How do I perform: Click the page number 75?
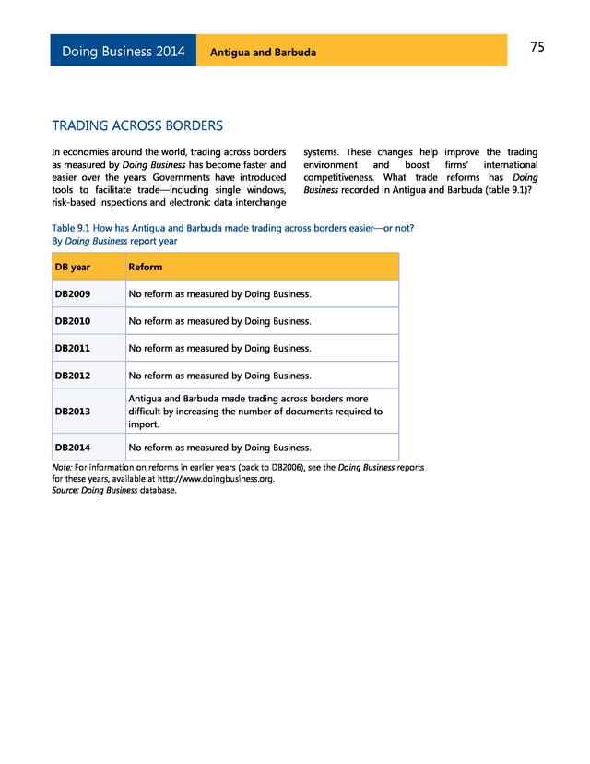[x=537, y=48]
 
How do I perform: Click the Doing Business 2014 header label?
[x=123, y=52]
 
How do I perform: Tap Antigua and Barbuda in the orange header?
[x=263, y=53]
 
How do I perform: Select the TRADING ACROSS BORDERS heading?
[x=137, y=125]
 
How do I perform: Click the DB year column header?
[x=73, y=267]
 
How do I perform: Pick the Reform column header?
[x=146, y=267]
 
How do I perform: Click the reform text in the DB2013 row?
[x=255, y=412]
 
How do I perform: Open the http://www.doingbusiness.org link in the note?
[x=215, y=479]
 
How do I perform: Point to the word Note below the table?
[x=62, y=468]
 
